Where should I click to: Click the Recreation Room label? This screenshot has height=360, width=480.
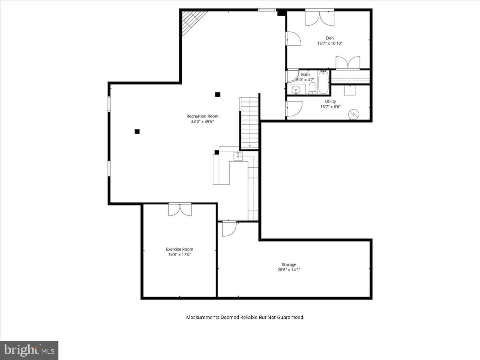202,116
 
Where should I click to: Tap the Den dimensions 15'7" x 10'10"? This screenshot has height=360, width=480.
330,43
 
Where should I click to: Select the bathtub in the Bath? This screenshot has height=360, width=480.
323,82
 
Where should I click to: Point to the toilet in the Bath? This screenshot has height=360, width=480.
312,88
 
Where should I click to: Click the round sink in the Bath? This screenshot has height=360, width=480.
296,90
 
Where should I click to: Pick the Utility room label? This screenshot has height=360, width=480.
330,102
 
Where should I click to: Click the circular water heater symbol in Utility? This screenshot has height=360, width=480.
354,114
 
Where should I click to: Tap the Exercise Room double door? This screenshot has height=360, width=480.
180,209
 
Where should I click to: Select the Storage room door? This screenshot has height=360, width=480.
229,229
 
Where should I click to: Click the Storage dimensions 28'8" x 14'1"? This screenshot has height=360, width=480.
289,270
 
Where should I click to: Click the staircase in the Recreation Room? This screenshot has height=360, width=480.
250,123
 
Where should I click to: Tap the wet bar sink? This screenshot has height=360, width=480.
238,156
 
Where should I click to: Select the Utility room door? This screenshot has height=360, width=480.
294,109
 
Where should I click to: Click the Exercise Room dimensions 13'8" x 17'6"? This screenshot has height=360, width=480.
180,254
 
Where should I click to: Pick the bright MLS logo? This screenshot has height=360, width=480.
29,350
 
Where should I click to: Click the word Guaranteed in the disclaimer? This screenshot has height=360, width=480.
290,317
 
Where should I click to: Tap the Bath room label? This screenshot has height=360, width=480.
305,74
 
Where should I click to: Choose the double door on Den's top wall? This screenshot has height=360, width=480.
320,18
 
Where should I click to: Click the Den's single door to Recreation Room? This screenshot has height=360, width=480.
294,39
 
